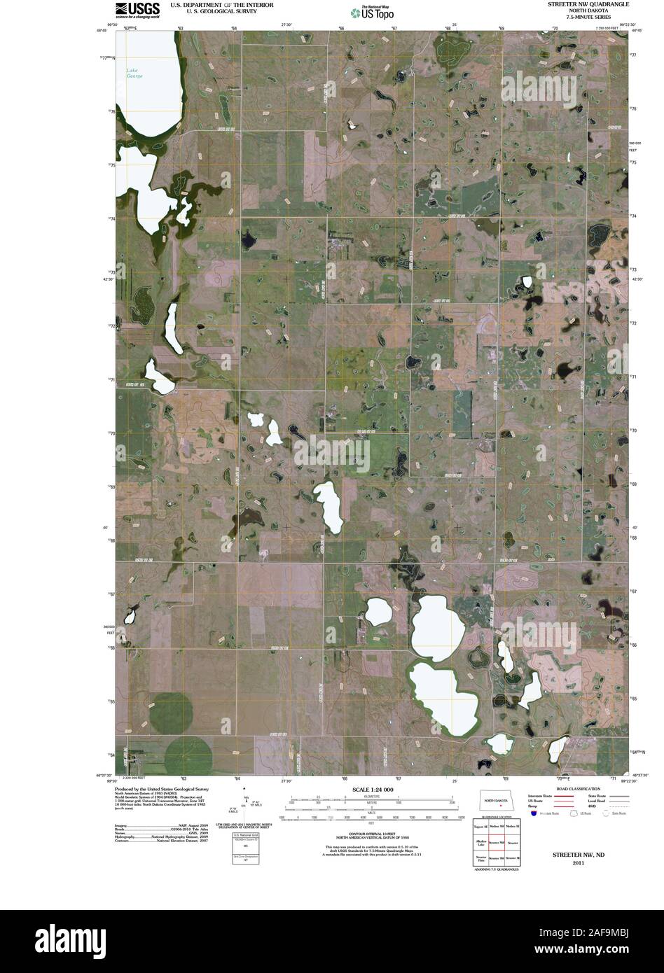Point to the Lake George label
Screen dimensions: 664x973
[x=134, y=73]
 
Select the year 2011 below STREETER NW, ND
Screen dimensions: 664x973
[x=577, y=863]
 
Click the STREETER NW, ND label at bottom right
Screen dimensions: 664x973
[x=577, y=855]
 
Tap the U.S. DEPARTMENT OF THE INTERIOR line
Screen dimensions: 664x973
[x=212, y=5]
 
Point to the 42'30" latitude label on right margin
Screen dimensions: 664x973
[x=637, y=279]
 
